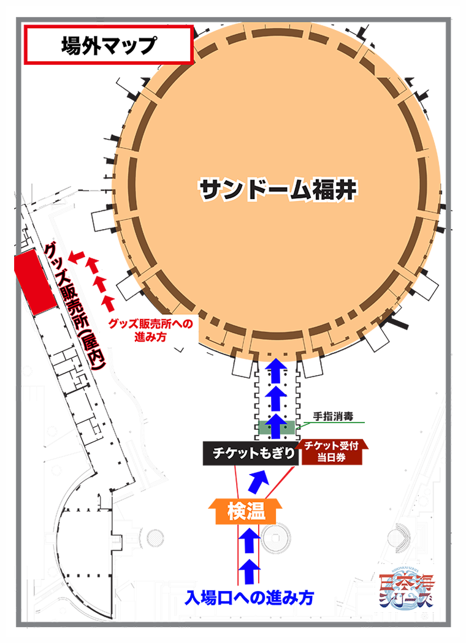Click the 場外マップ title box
(x=109, y=45)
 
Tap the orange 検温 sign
(x=245, y=511)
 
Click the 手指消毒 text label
(x=330, y=416)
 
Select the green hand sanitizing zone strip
(x=276, y=427)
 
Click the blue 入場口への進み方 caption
(x=250, y=598)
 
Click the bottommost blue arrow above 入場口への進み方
(x=248, y=571)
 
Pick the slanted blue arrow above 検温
(x=258, y=482)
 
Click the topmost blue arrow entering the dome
(x=276, y=370)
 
